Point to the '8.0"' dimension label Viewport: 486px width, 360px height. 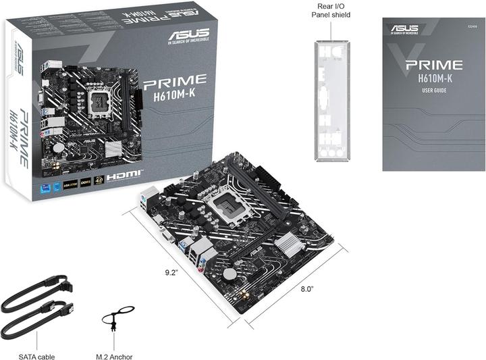coord(308,289)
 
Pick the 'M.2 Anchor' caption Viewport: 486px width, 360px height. coord(114,357)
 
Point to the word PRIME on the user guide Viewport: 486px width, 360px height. coord(433,65)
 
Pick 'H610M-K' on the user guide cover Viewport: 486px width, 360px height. coord(433,79)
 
